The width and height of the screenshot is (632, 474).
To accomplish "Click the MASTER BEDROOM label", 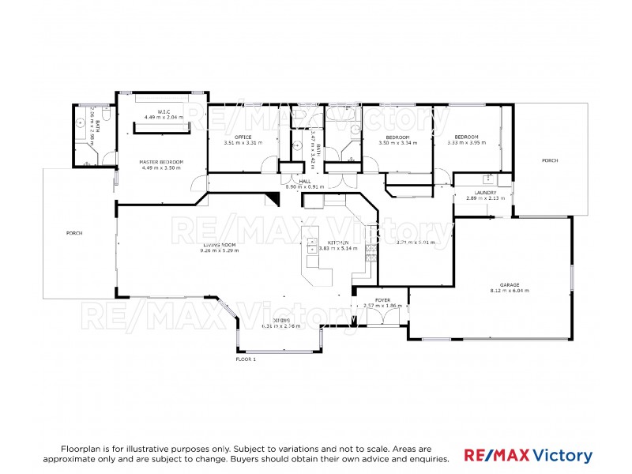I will [x=162, y=161].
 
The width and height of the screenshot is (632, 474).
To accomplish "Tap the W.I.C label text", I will [x=164, y=111].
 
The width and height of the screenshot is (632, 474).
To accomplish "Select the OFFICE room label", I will [x=243, y=137].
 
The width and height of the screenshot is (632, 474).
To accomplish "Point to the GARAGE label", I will [x=509, y=284].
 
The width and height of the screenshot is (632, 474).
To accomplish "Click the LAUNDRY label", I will [x=485, y=192].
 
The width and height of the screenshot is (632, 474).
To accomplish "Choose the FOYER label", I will [x=382, y=300].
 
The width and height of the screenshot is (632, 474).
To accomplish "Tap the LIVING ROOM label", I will [x=219, y=244].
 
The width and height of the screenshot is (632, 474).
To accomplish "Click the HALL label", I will [x=304, y=182].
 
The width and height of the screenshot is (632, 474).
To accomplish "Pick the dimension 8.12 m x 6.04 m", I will [x=509, y=291].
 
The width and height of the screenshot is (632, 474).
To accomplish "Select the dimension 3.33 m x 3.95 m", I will [x=466, y=143].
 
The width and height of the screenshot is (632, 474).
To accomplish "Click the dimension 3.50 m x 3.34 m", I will [x=398, y=143].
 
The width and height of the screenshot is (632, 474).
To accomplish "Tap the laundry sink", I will [x=488, y=179].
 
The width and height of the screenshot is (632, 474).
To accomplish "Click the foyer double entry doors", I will [x=383, y=318].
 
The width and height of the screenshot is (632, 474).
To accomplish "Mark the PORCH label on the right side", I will [x=550, y=160].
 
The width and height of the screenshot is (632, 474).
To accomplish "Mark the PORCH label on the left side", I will [x=75, y=233].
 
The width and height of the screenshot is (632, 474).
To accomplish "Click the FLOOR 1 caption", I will [x=246, y=359].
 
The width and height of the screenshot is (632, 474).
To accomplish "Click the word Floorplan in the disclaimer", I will [x=77, y=447].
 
